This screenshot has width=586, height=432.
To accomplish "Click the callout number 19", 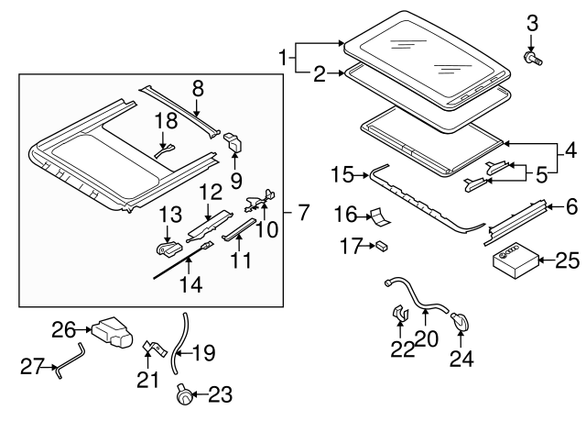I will [203, 349].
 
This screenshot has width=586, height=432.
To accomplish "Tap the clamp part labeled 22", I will [399, 315].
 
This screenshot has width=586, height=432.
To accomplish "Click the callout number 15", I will [342, 173].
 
